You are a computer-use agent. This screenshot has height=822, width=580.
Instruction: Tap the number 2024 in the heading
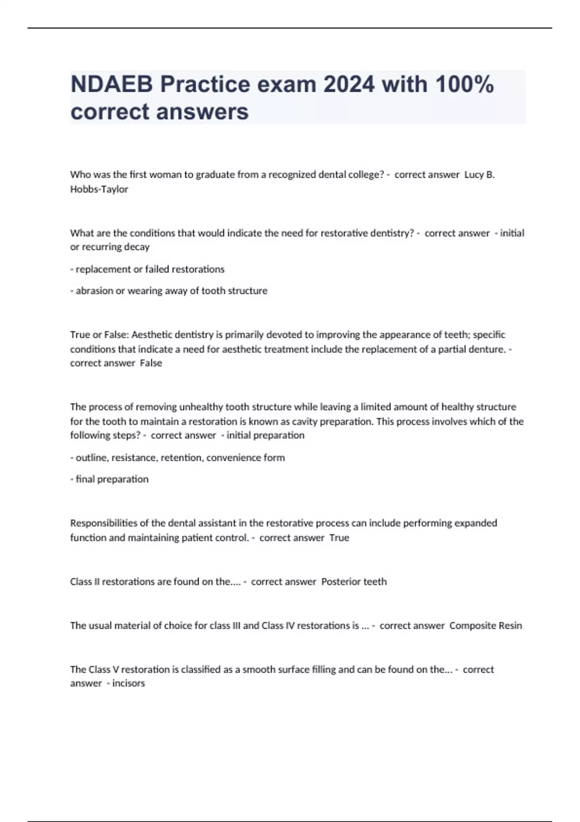tap(348, 85)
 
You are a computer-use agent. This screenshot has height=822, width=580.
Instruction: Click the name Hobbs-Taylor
tap(99, 189)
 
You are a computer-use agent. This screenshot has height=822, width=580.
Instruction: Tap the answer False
tap(151, 363)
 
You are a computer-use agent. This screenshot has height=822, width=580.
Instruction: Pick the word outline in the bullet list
tap(91, 457)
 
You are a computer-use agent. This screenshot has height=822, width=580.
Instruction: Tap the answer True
tap(339, 538)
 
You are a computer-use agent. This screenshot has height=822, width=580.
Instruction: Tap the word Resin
tap(510, 626)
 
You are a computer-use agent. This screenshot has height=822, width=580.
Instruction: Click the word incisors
tap(129, 683)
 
